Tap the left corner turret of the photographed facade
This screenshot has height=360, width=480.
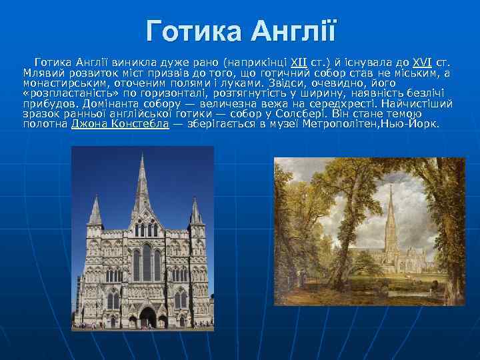(95, 213)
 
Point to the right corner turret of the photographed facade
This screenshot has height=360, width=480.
(195, 213)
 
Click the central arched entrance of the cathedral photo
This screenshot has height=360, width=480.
(147, 317)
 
